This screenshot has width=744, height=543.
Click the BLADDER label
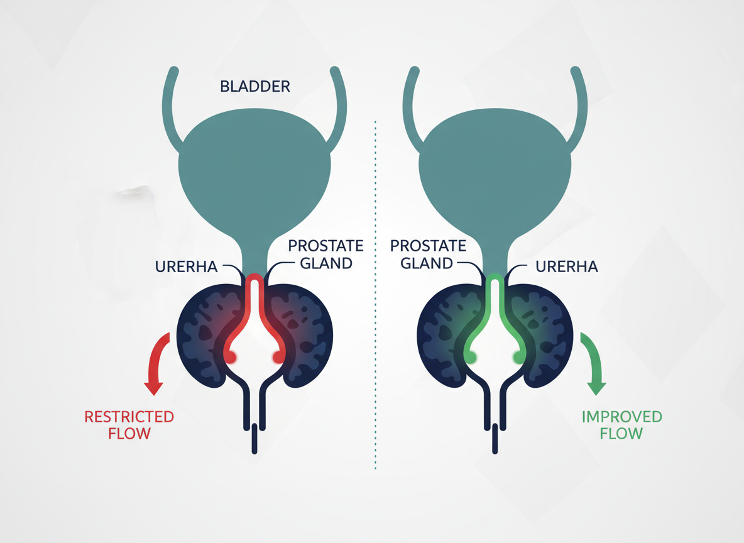(255, 86)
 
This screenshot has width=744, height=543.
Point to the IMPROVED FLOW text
(621, 425)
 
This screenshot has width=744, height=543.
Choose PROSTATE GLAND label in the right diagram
(428, 254)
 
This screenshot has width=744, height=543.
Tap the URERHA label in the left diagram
(186, 266)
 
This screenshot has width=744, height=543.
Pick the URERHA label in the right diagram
(566, 266)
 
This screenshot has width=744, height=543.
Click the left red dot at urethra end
(230, 358)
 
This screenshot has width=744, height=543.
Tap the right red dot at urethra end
(277, 358)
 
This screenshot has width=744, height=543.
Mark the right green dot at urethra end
(518, 357)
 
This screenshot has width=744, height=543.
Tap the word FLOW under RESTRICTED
(129, 433)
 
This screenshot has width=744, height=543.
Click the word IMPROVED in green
(621, 417)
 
